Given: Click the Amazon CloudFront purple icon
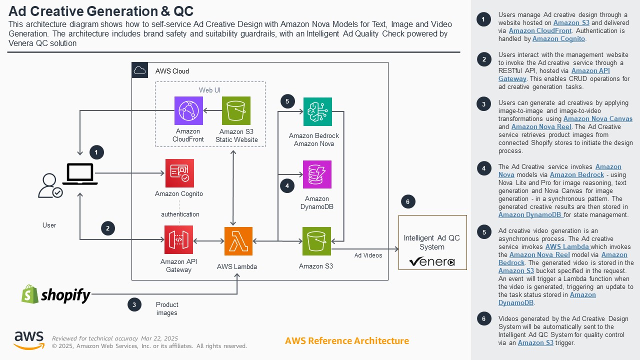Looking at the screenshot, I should [188, 110].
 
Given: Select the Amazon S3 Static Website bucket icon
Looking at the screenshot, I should [236, 110].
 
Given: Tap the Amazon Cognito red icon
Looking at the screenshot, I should [179, 173].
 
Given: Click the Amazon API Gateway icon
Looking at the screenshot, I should [178, 240].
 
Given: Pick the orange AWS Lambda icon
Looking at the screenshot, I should [238, 241].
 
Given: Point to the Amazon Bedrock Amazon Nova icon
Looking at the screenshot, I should [317, 111].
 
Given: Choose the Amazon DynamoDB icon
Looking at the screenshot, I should [317, 174].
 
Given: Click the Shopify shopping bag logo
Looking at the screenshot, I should [30, 294].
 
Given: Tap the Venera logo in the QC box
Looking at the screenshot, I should [431, 261].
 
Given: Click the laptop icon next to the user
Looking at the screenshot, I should [80, 174].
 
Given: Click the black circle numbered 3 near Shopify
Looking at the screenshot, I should [134, 304].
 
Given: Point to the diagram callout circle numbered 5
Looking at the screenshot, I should [287, 101].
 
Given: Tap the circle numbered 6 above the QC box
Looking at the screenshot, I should [407, 202].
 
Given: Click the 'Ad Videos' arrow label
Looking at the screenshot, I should [368, 255].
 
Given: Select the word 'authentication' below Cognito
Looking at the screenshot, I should [180, 214].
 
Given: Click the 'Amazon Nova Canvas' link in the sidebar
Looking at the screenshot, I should [597, 119].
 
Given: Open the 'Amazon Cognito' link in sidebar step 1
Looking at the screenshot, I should [558, 39].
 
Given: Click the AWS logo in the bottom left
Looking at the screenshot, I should [28, 340].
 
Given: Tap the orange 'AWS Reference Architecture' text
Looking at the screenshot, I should [346, 341].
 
